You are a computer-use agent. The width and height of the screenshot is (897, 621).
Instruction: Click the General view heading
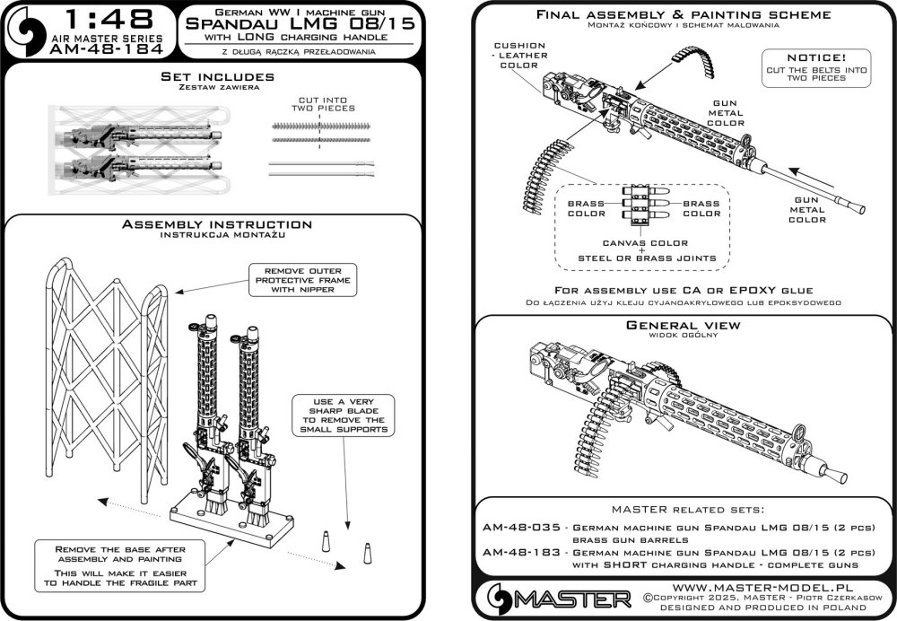tap(683, 326)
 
